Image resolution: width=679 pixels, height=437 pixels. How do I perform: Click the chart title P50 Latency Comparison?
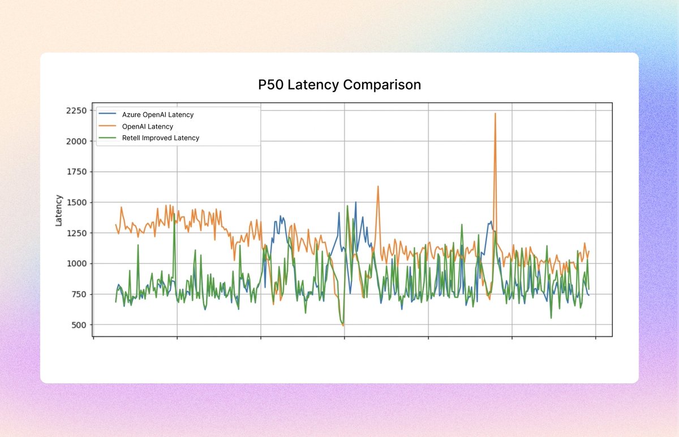click(339, 85)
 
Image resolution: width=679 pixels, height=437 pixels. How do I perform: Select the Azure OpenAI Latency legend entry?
click(157, 115)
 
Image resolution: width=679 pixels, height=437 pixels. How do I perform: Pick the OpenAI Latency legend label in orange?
click(147, 127)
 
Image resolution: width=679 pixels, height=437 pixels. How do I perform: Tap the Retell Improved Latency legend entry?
click(160, 138)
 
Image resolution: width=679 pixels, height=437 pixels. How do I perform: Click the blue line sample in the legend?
click(108, 115)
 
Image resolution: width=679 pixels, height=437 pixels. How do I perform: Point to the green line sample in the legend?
click(108, 138)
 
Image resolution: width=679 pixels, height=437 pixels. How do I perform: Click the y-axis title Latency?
click(59, 210)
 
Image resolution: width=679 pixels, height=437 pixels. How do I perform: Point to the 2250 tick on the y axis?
click(75, 110)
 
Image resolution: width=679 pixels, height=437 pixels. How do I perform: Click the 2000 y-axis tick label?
click(75, 141)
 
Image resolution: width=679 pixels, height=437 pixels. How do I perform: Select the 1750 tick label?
click(75, 172)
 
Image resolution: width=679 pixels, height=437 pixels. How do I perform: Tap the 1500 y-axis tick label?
click(75, 202)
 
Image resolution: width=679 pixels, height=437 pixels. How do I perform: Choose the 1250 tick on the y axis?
click(75, 233)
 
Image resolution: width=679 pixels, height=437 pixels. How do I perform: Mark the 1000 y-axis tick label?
click(75, 263)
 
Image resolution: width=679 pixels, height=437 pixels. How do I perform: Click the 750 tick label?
click(78, 294)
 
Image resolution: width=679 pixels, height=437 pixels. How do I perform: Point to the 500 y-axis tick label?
click(78, 324)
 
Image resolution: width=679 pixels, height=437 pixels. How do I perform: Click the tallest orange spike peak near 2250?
click(495, 114)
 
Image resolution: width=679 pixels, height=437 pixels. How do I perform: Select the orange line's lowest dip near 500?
click(343, 326)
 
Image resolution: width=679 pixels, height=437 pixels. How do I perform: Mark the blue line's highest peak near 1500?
click(356, 202)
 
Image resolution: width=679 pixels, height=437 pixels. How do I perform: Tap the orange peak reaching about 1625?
click(378, 186)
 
